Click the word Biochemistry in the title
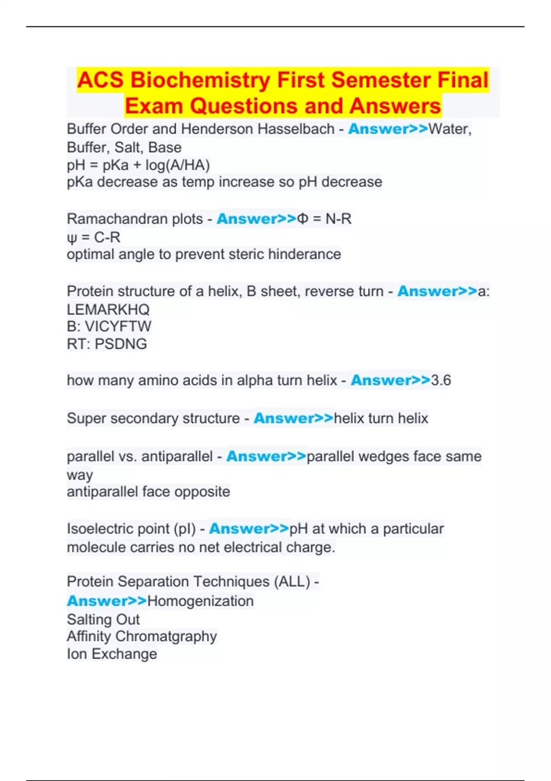[x=200, y=80]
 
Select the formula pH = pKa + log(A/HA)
[x=138, y=165]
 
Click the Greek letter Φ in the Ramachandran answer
[x=303, y=219]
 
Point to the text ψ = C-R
[x=93, y=238]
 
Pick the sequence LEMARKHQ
[x=108, y=309]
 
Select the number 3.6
[x=441, y=380]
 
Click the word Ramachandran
[x=135, y=219]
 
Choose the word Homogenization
[x=200, y=601]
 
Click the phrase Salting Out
[x=103, y=619]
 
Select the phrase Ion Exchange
[x=112, y=654]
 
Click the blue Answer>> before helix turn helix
[x=293, y=419]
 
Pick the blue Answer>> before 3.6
[x=391, y=380]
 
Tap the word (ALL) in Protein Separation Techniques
[x=292, y=582]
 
